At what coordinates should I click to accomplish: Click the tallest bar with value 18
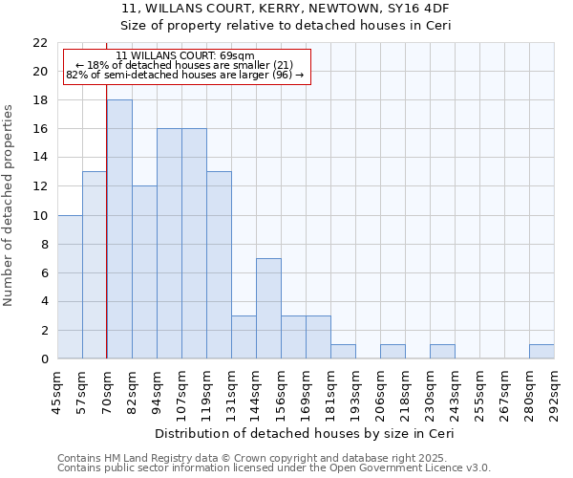pyautogui.click(x=119, y=229)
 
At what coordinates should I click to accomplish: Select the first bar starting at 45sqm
pyautogui.click(x=70, y=287)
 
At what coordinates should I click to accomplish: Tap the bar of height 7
pyautogui.click(x=268, y=308)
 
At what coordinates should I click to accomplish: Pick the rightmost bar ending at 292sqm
pyautogui.click(x=541, y=351)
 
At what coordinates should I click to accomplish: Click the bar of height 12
pyautogui.click(x=144, y=272)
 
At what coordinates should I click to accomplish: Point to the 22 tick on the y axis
pyautogui.click(x=40, y=43)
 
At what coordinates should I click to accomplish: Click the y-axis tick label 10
pyautogui.click(x=40, y=215)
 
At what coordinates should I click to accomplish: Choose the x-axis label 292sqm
pyautogui.click(x=554, y=390)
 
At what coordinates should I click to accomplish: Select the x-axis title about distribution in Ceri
pyautogui.click(x=304, y=433)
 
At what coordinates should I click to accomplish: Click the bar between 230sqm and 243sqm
pyautogui.click(x=442, y=351)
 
